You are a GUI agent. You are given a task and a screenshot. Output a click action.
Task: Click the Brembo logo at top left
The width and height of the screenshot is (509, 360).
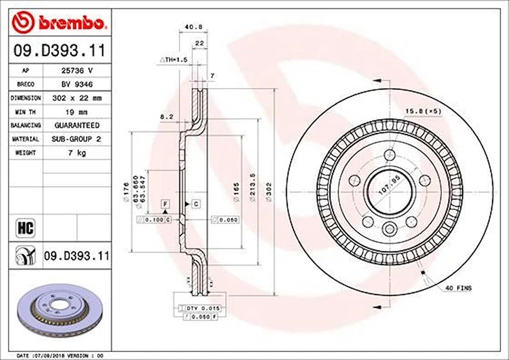click(59, 23)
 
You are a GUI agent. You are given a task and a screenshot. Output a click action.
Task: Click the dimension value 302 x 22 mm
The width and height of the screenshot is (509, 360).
click(77, 98)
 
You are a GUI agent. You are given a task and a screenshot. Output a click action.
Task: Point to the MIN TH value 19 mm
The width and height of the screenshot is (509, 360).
click(76, 112)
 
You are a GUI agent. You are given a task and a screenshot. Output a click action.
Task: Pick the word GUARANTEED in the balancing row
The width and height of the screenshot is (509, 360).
click(77, 125)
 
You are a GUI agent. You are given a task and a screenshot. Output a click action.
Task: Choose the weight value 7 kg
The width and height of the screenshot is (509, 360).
click(77, 153)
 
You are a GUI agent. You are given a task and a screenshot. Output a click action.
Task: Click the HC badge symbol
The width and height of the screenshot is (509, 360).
click(25, 227)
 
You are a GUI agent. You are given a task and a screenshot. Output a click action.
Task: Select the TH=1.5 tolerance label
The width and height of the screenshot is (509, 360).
click(173, 60)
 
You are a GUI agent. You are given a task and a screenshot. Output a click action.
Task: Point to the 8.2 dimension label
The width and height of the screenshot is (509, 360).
click(167, 116)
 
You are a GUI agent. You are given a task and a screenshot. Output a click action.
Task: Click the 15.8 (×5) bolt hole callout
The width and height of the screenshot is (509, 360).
click(423, 111)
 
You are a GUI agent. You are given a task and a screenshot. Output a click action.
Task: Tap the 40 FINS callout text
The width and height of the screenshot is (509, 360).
click(459, 288)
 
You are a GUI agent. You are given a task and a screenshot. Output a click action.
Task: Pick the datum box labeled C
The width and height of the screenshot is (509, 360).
click(196, 203)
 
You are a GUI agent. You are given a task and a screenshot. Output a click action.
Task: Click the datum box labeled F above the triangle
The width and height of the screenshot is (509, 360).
click(165, 203)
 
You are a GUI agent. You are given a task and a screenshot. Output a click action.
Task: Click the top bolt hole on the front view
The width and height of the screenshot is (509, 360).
click(390, 154)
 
